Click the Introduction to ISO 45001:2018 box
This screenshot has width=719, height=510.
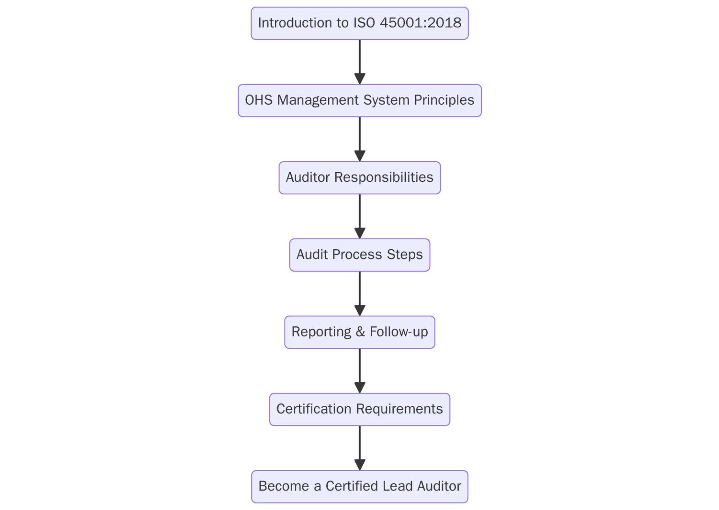point(359,23)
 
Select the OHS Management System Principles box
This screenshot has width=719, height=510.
point(359,101)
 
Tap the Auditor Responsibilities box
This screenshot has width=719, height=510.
point(359,178)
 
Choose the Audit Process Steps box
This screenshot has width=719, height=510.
point(359,255)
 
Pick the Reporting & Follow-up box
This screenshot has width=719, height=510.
point(359,332)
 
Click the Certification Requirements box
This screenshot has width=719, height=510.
point(359,409)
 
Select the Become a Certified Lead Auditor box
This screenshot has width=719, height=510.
point(359,486)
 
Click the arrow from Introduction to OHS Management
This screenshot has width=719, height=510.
point(359,62)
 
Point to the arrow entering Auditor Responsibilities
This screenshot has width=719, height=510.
point(359,139)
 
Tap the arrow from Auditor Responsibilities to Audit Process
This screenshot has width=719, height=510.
point(359,216)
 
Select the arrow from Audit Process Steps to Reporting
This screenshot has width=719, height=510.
point(359,293)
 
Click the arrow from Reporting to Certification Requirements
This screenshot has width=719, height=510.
point(359,370)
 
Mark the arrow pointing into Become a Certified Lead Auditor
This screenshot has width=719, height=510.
point(359,447)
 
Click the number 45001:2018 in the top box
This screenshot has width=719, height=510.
point(420,23)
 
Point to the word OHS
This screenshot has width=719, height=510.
point(259,100)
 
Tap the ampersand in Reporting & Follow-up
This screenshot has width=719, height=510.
point(360,332)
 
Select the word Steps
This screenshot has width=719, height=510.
point(404,255)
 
